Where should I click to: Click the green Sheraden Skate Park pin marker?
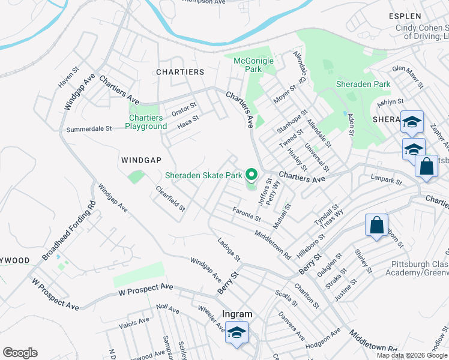point(252,176)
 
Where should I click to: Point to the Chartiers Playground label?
point(146,122)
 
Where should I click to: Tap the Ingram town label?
point(237,314)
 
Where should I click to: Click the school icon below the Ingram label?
point(237,333)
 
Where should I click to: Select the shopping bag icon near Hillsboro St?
point(376,226)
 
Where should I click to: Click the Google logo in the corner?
point(20,353)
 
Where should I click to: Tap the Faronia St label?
point(246,213)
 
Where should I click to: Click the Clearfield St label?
point(170,198)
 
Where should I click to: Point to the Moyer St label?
point(284,95)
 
